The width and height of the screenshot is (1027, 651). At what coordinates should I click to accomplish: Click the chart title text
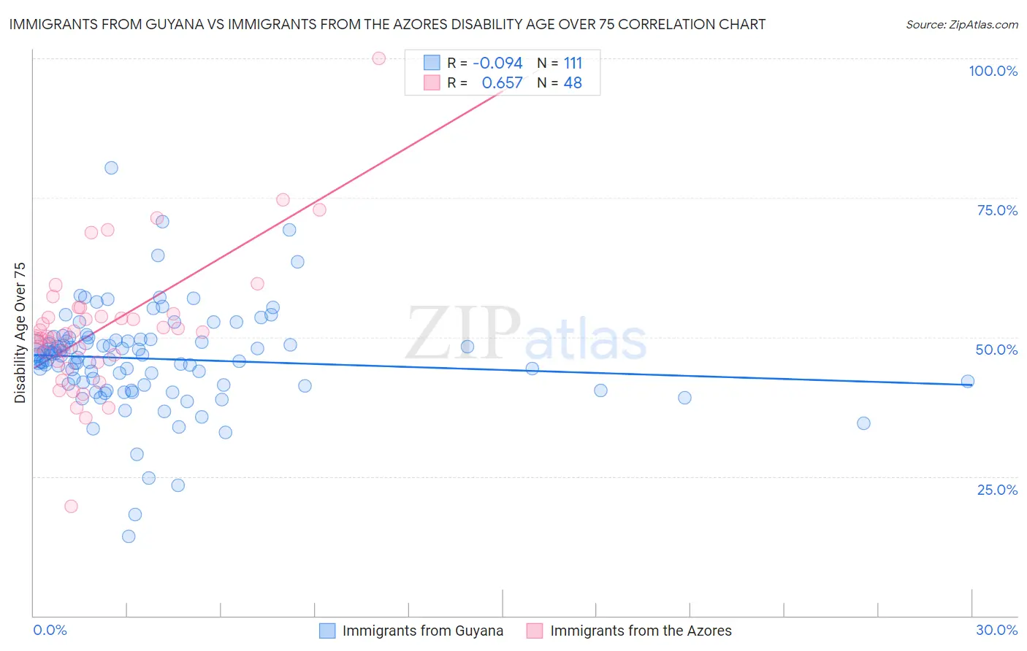[x=387, y=24]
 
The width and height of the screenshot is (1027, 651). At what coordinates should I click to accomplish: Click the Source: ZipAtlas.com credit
[x=961, y=24]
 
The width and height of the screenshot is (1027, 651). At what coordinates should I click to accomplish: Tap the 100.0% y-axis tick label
[x=993, y=71]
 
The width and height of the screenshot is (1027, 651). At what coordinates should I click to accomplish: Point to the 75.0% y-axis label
[x=997, y=210]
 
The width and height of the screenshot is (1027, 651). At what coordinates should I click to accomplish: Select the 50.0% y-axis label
[x=996, y=350]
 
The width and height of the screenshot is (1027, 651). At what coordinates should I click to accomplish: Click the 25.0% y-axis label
[x=997, y=489]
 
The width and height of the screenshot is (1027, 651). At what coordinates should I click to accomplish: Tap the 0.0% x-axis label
[x=50, y=630]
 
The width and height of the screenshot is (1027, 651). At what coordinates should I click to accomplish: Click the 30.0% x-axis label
[x=996, y=630]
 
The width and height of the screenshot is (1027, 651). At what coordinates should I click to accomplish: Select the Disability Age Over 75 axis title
[x=20, y=333]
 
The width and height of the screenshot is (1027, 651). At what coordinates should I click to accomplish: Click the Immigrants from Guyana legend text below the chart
[x=422, y=631]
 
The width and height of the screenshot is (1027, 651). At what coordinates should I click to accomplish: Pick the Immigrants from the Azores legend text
[x=641, y=631]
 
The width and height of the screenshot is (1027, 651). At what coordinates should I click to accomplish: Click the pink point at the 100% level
[x=378, y=58]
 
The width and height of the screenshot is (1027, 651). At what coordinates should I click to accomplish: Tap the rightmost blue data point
[x=968, y=381]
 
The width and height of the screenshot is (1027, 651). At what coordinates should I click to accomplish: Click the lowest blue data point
[x=129, y=536]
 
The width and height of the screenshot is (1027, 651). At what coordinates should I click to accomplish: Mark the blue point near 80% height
[x=111, y=168]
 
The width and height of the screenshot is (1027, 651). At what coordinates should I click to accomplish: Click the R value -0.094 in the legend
[x=497, y=63]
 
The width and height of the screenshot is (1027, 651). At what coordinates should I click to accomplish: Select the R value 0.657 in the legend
[x=502, y=83]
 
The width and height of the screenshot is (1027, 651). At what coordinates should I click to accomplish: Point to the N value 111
[x=573, y=63]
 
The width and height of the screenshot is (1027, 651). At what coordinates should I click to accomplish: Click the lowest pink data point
[x=71, y=506]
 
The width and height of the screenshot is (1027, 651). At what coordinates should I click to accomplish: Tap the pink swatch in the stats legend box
[x=432, y=83]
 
